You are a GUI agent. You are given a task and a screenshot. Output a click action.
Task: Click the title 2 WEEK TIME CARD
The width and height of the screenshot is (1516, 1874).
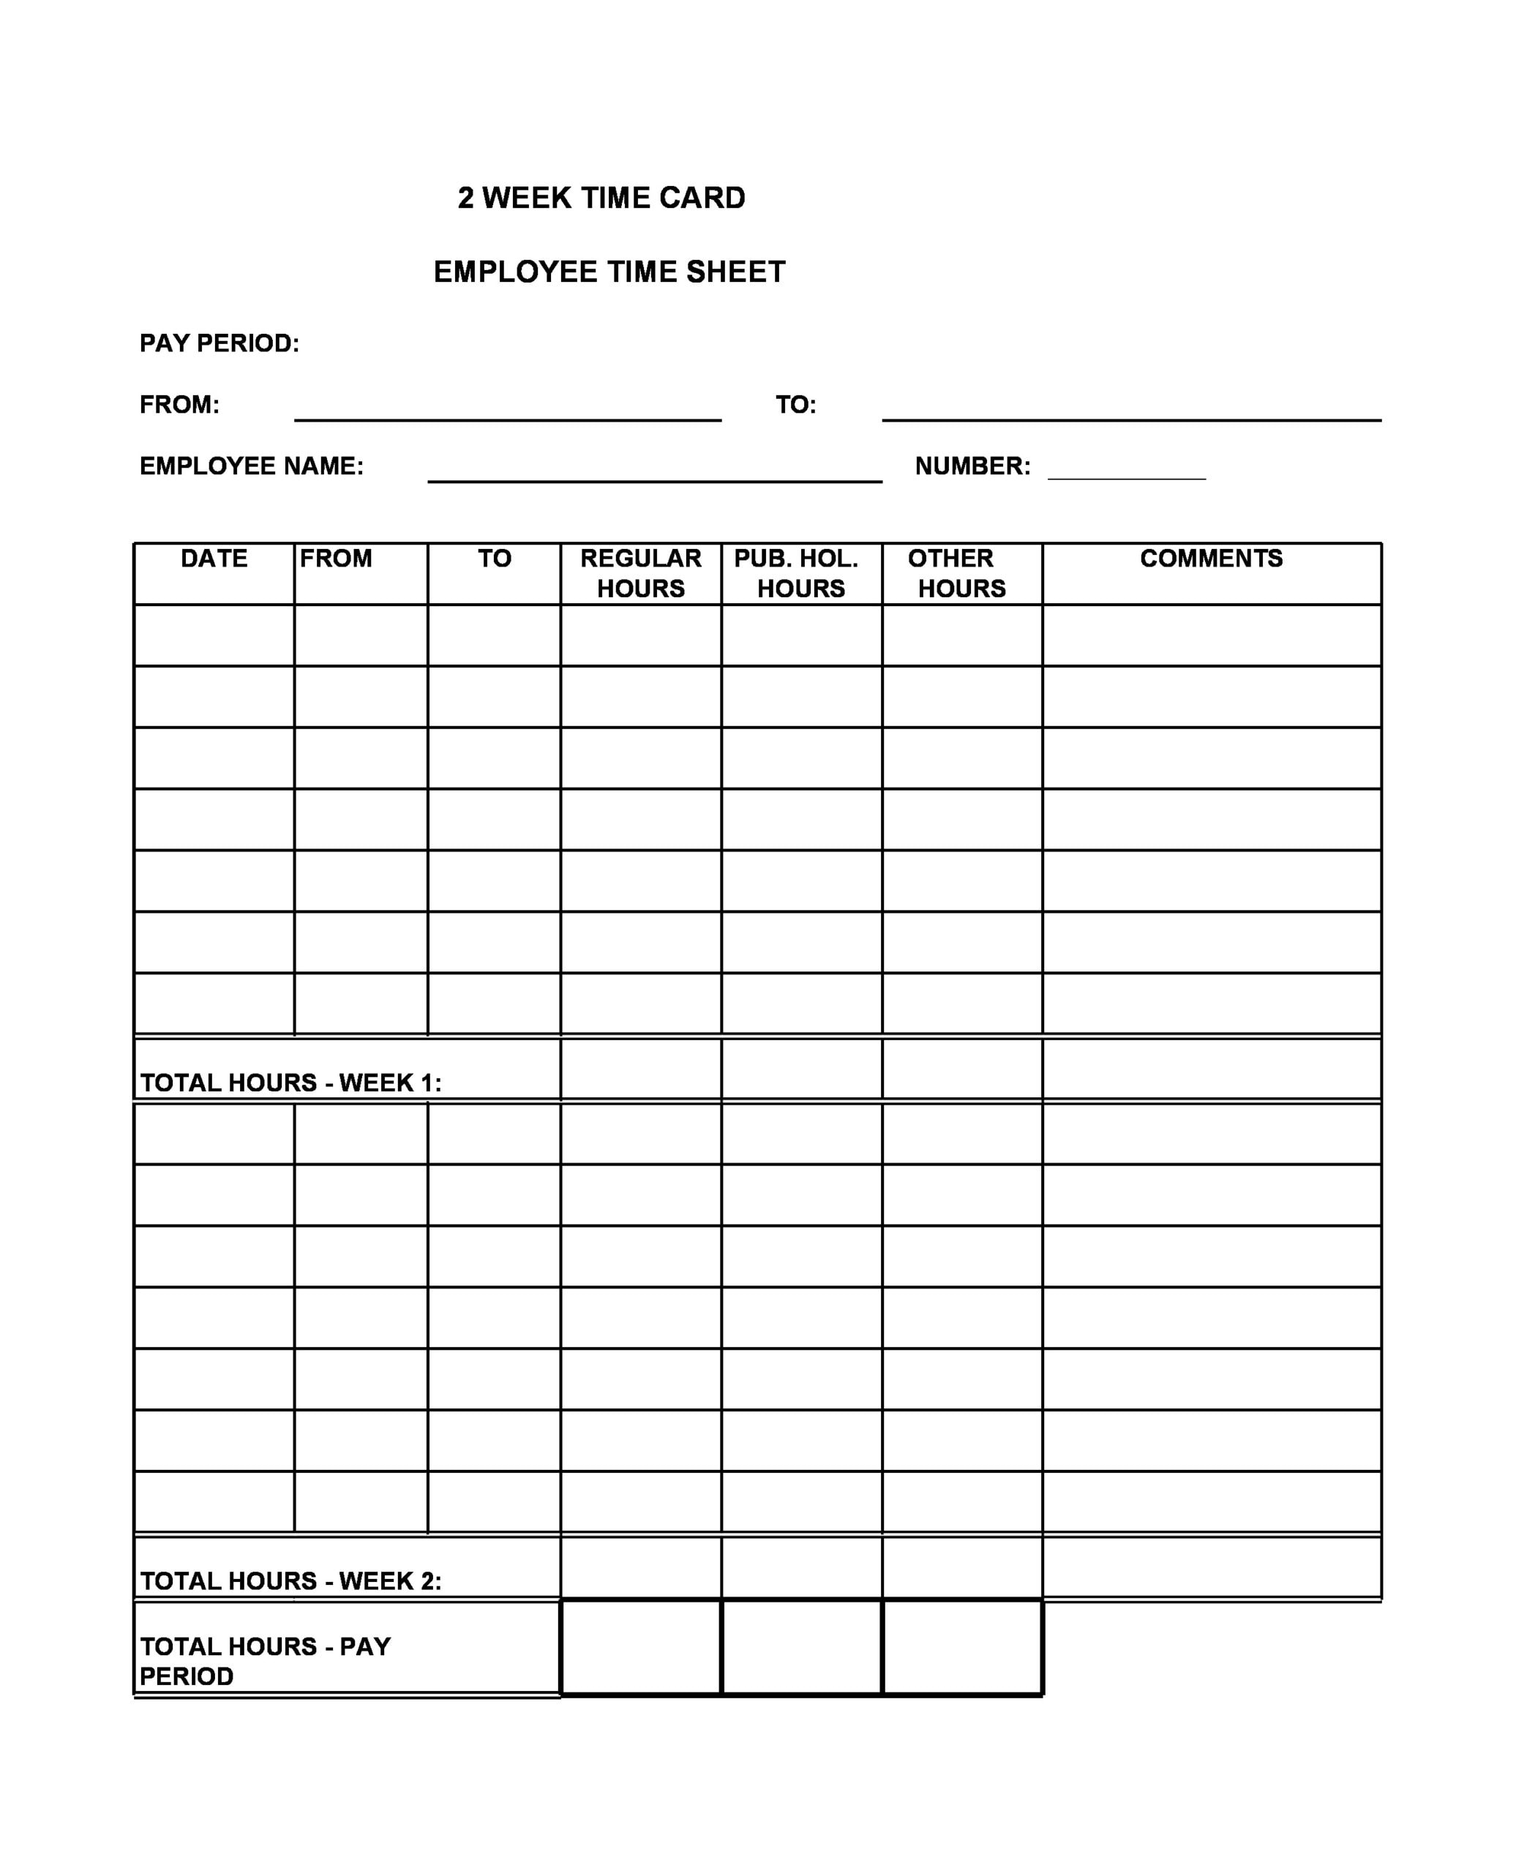(601, 198)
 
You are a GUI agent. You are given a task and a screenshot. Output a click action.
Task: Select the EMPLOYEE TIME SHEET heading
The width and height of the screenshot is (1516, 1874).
(609, 272)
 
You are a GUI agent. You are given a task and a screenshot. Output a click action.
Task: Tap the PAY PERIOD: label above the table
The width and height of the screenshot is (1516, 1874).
(219, 343)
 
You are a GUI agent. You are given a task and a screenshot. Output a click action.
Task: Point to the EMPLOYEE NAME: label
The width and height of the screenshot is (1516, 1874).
(252, 466)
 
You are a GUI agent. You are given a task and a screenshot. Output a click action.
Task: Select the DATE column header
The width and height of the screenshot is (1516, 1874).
(214, 559)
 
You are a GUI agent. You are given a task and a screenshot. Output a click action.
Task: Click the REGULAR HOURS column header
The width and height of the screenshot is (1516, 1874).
(640, 573)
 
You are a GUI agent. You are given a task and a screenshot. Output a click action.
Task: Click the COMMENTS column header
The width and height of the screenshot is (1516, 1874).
(1211, 559)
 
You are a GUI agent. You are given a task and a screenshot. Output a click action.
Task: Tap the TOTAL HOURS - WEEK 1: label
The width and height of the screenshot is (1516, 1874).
(290, 1083)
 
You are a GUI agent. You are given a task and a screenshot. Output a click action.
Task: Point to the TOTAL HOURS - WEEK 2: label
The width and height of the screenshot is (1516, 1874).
(290, 1580)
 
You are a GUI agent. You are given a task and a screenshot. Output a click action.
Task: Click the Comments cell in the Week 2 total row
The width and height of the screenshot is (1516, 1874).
(1211, 1568)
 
